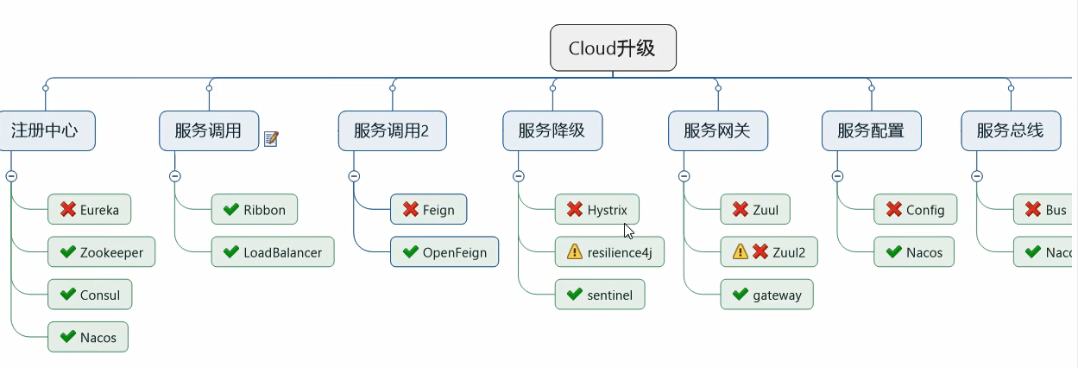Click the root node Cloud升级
pyautogui.click(x=613, y=48)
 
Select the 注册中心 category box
pyautogui.click(x=45, y=131)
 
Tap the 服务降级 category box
pyautogui.click(x=552, y=131)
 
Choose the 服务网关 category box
pyautogui.click(x=717, y=131)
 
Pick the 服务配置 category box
pyautogui.click(x=871, y=131)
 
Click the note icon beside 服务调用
pyautogui.click(x=271, y=138)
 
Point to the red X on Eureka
pyautogui.click(x=68, y=209)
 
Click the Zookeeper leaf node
pyautogui.click(x=101, y=253)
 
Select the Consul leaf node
pyautogui.click(x=90, y=295)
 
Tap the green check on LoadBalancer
pyautogui.click(x=230, y=253)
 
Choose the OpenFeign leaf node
pyautogui.click(x=444, y=253)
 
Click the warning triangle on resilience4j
pyautogui.click(x=574, y=253)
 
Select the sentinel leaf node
pyautogui.click(x=599, y=295)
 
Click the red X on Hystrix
pyautogui.click(x=575, y=209)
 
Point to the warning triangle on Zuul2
pyautogui.click(x=740, y=252)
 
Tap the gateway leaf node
pyautogui.click(x=766, y=295)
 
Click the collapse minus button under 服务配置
pyautogui.click(x=837, y=176)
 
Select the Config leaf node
pyautogui.click(x=915, y=209)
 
